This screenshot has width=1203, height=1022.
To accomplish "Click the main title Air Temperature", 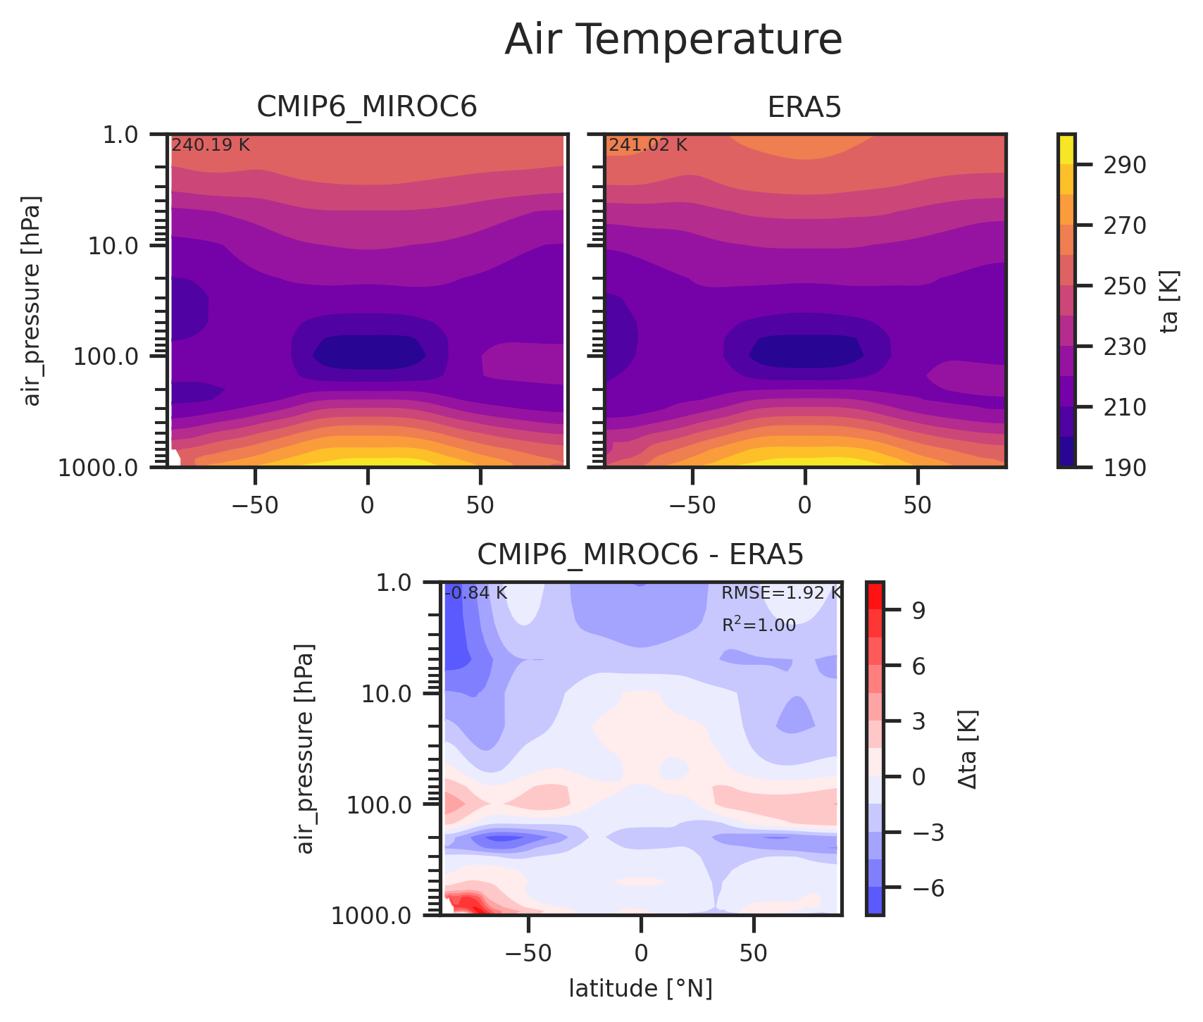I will click(673, 40).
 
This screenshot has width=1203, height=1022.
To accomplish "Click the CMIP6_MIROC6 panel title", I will click(367, 107).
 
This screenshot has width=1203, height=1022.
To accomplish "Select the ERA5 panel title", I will click(804, 107).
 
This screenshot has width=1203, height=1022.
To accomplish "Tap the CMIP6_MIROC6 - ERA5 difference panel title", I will click(640, 555).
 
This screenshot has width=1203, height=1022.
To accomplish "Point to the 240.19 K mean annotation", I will click(211, 146).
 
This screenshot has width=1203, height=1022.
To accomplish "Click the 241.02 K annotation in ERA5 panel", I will click(648, 146).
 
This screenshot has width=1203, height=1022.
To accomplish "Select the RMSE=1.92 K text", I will click(780, 593).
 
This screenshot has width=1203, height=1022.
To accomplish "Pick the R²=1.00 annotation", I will click(759, 625).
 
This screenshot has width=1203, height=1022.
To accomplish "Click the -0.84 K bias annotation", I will click(476, 593).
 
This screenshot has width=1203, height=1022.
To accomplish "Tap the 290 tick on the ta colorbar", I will click(1109, 166).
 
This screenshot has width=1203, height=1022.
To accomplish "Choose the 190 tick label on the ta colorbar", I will click(1109, 468).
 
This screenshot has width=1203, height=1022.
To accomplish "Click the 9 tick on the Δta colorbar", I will click(918, 610).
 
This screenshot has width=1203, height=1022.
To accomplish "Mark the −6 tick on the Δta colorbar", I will click(923, 887).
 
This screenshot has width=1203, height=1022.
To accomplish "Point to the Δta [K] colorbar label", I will click(968, 749).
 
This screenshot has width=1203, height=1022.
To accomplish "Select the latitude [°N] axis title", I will click(640, 989).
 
